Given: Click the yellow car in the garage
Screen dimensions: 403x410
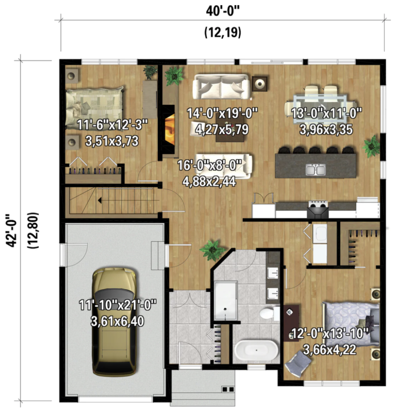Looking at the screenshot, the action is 114,322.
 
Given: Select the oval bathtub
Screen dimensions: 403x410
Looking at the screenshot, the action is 256,350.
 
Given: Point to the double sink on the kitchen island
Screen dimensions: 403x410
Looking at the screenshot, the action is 316,170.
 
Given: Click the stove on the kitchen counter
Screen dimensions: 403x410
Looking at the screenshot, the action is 318,209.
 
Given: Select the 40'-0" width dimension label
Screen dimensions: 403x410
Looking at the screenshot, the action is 223,11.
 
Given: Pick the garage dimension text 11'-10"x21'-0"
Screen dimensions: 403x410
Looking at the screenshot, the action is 117,305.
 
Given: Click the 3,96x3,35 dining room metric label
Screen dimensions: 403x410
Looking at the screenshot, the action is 326,129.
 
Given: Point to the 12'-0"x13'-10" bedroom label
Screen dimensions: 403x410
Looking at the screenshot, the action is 329,333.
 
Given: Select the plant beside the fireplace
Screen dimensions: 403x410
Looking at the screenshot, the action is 174,76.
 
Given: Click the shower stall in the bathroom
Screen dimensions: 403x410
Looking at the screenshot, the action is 226,300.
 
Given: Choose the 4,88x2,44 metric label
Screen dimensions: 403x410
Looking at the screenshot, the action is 209,181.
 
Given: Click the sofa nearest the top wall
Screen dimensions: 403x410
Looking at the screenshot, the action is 221,87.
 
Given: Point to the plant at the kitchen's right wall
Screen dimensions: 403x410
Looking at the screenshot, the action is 371,147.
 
